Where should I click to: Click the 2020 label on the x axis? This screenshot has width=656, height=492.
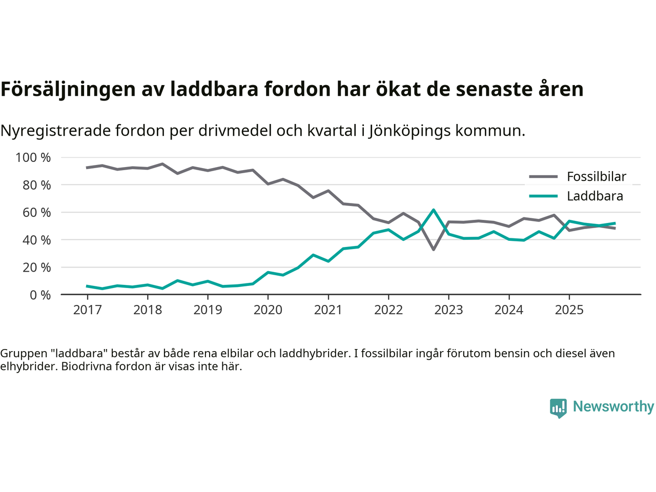point(268,310)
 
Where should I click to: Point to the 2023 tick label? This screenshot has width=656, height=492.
point(448,310)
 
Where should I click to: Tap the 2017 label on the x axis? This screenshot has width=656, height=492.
point(87,310)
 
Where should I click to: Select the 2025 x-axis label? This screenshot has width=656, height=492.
point(569,310)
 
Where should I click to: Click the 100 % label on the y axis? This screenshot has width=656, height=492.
point(33,157)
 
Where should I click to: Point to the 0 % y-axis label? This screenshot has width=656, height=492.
point(40,295)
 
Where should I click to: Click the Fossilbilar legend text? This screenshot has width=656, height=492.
point(597,177)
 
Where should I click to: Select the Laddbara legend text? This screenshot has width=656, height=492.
point(595,196)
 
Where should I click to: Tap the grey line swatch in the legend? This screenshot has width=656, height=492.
point(543,177)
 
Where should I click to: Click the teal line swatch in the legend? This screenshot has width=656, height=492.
point(543,196)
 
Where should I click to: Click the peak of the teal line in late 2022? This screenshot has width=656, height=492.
point(434,210)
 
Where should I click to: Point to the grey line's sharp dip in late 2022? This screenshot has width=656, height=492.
point(434,250)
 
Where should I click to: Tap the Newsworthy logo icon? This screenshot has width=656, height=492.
point(558,408)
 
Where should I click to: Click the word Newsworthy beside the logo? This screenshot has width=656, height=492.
point(613,406)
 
